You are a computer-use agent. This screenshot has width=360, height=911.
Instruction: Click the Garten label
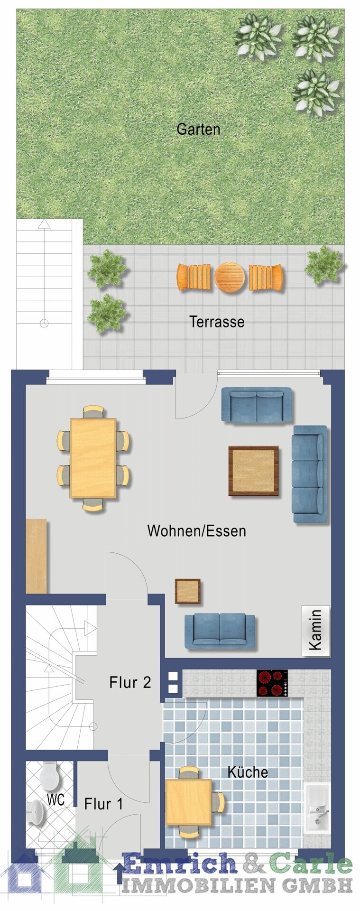[198, 129]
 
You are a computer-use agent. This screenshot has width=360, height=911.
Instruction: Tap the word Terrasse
[217, 322]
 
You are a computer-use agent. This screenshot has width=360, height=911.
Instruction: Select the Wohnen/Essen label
[196, 530]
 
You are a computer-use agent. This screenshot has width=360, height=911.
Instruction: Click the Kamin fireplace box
[315, 631]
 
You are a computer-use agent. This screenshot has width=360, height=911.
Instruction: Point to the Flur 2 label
[130, 682]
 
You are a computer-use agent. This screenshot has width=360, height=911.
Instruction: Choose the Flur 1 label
[103, 804]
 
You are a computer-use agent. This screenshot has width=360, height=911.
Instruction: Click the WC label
[55, 799]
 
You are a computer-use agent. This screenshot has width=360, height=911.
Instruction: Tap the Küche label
[248, 772]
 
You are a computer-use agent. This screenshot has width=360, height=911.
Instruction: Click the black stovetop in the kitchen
[272, 683]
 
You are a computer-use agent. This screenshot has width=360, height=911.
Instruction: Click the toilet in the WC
[49, 775]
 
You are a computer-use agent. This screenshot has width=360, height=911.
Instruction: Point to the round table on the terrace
[230, 278]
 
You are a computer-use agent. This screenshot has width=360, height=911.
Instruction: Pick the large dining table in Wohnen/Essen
[93, 458]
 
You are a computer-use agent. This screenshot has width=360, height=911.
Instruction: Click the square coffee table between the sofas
[253, 471]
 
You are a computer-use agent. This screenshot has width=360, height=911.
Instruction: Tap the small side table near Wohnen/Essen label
[187, 591]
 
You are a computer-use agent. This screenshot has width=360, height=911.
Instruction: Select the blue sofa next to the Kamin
[220, 631]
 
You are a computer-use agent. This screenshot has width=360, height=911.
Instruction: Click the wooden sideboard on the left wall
[36, 556]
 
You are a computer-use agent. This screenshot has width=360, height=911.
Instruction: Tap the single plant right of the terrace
[324, 265]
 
